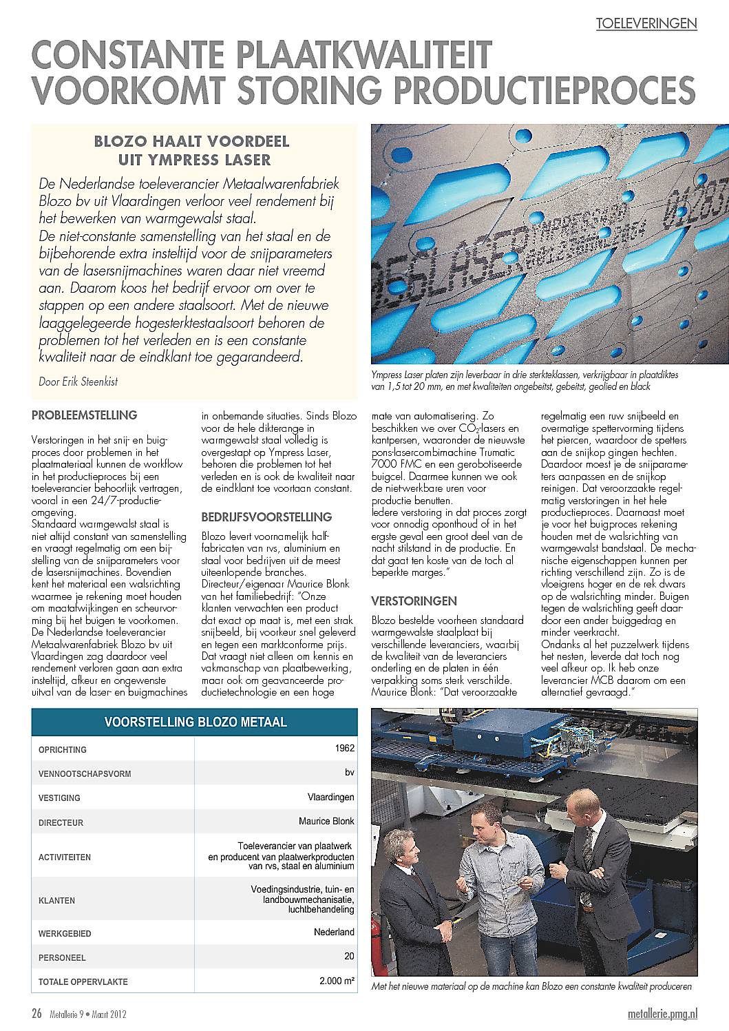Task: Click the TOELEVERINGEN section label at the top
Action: (646, 23)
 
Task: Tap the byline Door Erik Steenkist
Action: (78, 381)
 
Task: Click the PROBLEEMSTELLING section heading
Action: (84, 415)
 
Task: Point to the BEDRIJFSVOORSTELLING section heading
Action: (266, 517)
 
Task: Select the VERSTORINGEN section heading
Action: (414, 601)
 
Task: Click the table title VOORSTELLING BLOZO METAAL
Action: (195, 722)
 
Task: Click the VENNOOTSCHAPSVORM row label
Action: (85, 773)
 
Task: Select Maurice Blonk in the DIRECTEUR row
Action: (326, 821)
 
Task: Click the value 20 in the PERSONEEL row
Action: (349, 956)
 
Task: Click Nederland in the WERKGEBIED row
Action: (334, 932)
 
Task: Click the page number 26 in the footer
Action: (36, 1013)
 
